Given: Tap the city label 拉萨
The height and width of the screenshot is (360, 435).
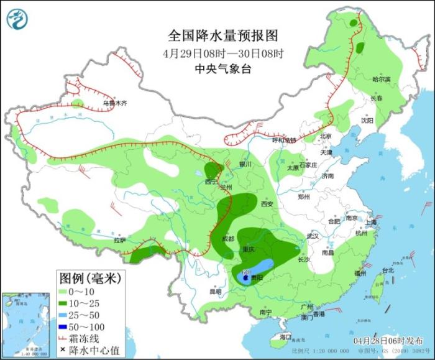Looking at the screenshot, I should coord(119,239).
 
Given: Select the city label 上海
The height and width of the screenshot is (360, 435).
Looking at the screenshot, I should coord(371,222).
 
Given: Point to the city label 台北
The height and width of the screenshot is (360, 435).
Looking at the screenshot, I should coord(388,270).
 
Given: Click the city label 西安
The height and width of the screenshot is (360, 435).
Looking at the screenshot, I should coord(267,204).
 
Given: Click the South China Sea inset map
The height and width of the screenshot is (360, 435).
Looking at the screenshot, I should coord(26,324).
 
